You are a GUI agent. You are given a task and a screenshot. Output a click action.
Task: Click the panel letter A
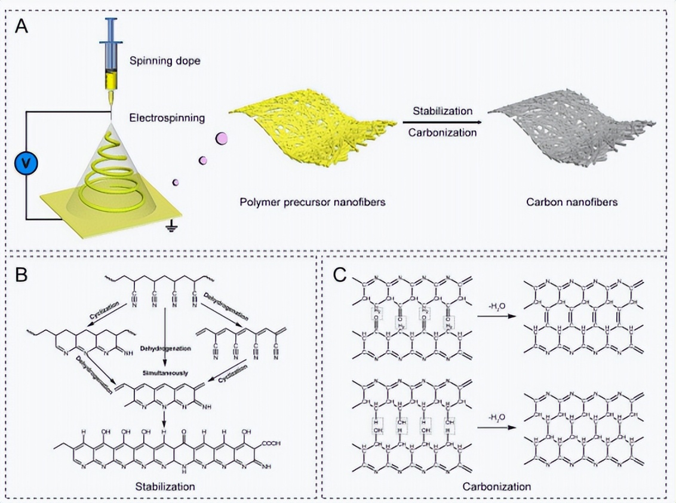click(x=22, y=27)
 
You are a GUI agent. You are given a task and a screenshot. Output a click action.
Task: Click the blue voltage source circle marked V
click(x=25, y=162)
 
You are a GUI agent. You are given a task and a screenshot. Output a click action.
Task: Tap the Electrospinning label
click(x=167, y=118)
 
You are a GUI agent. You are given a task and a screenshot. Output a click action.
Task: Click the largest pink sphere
click(x=221, y=139)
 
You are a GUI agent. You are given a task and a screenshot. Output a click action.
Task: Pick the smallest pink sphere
click(x=175, y=182)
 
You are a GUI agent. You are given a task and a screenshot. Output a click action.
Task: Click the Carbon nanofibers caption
click(x=571, y=202)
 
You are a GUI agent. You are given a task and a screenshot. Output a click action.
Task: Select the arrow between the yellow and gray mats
click(x=442, y=122)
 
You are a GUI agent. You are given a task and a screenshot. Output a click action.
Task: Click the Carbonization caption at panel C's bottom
click(x=496, y=486)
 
